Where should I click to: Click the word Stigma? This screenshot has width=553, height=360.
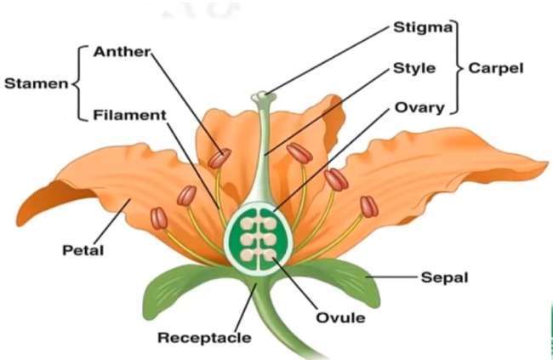423,27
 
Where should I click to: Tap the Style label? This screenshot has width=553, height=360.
414,68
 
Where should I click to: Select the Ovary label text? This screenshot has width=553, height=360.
419,108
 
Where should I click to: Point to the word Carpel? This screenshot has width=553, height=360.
495,68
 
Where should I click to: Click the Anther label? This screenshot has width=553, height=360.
122,52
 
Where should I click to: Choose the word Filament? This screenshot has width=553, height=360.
129,115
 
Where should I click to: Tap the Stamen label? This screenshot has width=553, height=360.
36,83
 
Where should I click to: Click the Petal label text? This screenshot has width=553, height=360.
83,250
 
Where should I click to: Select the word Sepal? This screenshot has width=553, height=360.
444,277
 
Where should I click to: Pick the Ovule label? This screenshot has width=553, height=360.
340,317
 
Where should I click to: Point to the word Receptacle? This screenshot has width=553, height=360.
204,338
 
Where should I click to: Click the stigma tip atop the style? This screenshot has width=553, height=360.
262,96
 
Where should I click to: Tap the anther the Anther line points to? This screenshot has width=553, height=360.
219,158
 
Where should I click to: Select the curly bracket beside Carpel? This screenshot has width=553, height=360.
457,67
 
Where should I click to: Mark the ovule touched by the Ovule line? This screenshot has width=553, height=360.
270,254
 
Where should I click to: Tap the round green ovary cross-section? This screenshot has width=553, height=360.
259,238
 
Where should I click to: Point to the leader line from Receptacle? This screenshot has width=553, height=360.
246,307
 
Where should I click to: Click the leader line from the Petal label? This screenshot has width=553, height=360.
112,221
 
